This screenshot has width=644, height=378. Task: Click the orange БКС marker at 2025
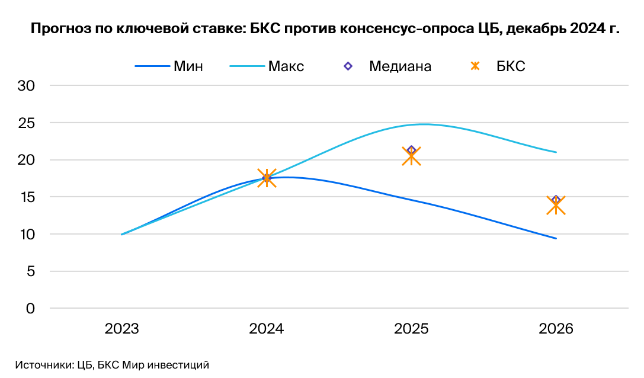411,156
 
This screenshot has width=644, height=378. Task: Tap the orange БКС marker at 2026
556,206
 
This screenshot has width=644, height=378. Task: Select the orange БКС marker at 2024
267,178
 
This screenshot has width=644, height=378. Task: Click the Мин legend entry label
188,66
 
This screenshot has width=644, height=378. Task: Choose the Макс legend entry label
286,66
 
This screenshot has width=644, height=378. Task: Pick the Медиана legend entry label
400,66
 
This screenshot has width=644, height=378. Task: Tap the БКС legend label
511,66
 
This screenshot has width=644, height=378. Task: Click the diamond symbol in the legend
348,66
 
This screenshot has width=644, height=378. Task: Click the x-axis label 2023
122,329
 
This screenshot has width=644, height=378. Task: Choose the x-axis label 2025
411,329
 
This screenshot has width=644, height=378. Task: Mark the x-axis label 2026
556,329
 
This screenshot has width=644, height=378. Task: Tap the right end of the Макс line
556,152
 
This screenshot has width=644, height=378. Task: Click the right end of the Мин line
556,238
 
